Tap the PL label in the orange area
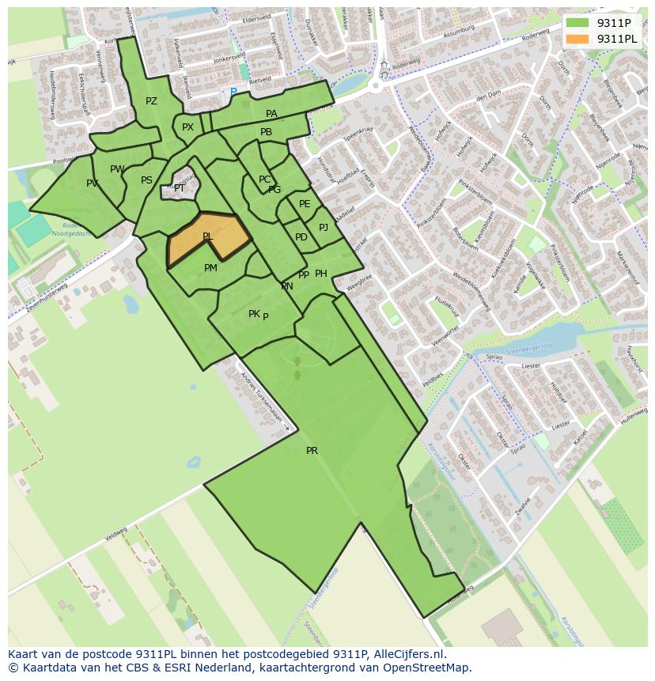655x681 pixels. click(x=207, y=236)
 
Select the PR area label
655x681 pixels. click(x=312, y=451)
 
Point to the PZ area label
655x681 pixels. click(x=151, y=101)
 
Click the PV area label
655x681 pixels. click(x=93, y=183)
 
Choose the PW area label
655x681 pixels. click(x=117, y=169)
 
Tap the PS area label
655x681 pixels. click(x=146, y=180)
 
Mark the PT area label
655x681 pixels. click(x=180, y=188)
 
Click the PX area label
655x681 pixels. click(x=187, y=127)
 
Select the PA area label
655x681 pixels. click(x=271, y=114)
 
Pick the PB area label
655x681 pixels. click(x=266, y=132)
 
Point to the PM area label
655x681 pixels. click(x=210, y=268)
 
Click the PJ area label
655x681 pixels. click(x=324, y=228)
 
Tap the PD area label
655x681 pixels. click(x=301, y=237)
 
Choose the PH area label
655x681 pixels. click(x=321, y=274)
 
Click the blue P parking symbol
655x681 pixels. click(x=233, y=93)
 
